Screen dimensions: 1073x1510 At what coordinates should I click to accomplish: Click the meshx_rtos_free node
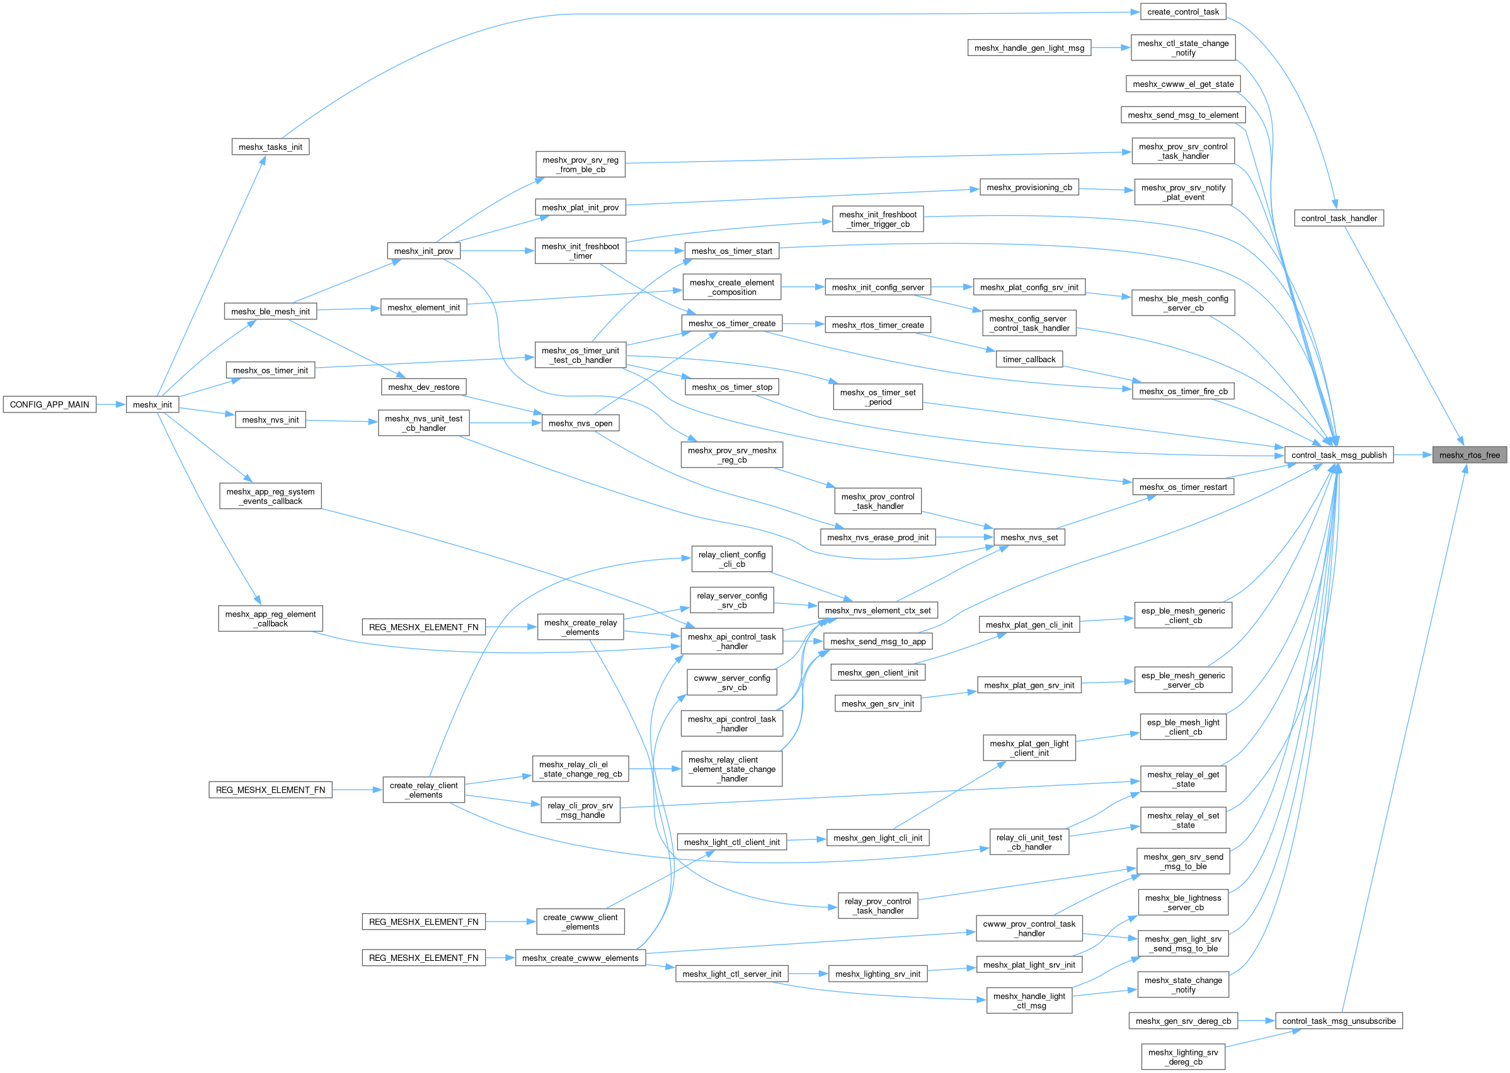(x=1469, y=455)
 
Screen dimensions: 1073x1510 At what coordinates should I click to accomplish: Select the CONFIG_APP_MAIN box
(x=50, y=404)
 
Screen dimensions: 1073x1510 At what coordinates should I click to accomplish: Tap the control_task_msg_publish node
(x=1339, y=455)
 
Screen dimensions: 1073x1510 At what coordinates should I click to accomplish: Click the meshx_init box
(x=152, y=404)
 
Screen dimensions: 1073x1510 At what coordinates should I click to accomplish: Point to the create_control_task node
(x=1183, y=12)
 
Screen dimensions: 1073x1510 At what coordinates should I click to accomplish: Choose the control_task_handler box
(x=1339, y=218)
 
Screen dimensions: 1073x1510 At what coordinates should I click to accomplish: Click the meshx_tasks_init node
(x=270, y=147)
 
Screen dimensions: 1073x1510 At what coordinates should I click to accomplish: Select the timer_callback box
(x=1029, y=360)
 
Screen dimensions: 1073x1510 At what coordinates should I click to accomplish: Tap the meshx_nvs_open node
(x=580, y=423)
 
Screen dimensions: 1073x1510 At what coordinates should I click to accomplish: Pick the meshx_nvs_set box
(x=1029, y=537)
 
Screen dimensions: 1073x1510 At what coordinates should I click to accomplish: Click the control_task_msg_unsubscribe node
(x=1339, y=1021)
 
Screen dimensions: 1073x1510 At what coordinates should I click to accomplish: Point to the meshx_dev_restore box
(x=423, y=387)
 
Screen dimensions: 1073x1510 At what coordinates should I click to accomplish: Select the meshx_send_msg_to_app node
(x=878, y=641)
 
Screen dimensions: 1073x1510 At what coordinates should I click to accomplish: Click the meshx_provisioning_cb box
(x=1029, y=188)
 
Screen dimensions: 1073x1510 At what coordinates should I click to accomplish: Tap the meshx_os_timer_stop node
(x=731, y=387)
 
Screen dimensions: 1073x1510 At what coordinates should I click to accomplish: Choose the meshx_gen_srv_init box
(x=878, y=703)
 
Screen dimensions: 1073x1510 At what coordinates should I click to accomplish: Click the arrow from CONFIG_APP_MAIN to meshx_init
(x=111, y=404)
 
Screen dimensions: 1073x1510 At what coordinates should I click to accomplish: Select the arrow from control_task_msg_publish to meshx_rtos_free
(x=1413, y=455)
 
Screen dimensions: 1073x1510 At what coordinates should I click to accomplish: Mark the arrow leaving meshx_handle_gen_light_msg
(x=1110, y=48)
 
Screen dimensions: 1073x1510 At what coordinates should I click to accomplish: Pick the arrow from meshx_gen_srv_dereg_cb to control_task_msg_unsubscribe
(x=1256, y=1021)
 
